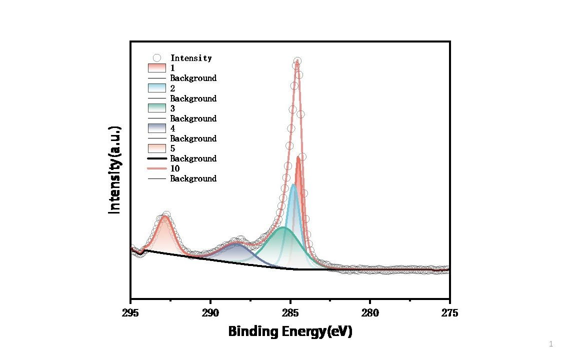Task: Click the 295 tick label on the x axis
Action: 130,313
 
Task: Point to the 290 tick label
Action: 210,313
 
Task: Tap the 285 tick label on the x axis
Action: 290,313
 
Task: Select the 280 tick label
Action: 370,313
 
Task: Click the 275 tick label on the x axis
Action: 449,313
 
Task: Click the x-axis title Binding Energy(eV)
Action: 290,331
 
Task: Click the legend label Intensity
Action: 191,58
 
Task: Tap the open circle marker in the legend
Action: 156,58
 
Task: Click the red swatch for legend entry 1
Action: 156,68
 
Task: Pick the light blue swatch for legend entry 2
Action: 156,88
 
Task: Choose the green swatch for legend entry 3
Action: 156,108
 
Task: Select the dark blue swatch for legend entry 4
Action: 156,128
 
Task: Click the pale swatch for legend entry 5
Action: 156,148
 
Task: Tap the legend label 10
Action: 175,168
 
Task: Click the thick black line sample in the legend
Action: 156,158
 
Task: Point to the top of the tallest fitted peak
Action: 297,60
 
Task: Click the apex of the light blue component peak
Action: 293,184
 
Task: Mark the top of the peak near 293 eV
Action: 164,216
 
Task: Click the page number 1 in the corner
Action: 550,344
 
